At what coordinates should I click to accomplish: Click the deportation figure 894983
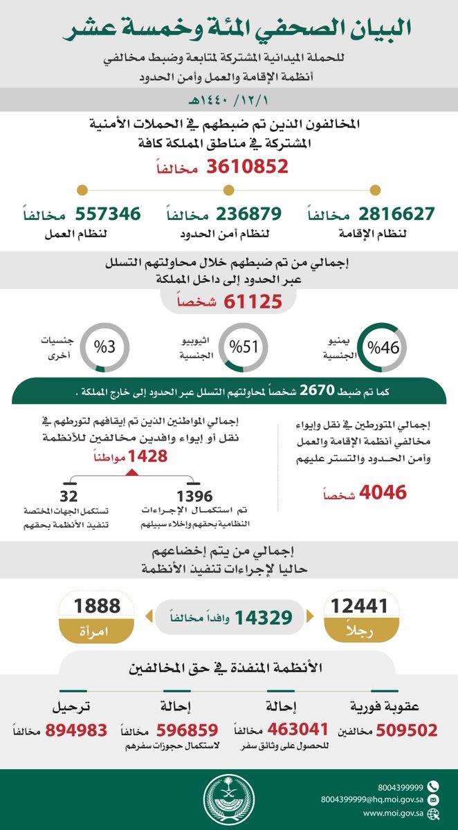click(76, 731)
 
